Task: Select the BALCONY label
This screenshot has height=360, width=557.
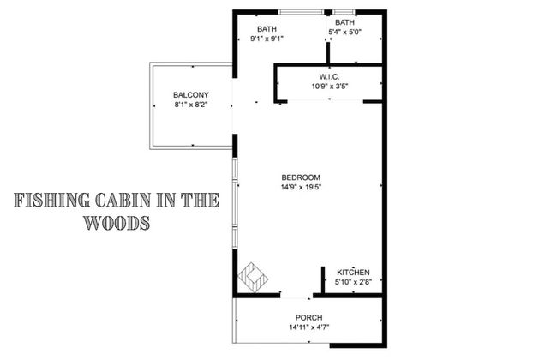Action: (x=190, y=94)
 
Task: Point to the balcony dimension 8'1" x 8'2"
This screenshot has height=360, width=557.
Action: (x=190, y=105)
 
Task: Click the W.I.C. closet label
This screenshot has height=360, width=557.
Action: (x=329, y=77)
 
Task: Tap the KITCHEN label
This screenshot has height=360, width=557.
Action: (x=353, y=272)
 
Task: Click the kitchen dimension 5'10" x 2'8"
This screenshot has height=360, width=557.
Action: (x=353, y=282)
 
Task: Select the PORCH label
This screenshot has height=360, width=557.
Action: (x=308, y=317)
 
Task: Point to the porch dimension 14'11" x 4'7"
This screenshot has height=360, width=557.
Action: (x=308, y=327)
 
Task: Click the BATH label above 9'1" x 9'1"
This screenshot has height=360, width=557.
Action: (x=267, y=29)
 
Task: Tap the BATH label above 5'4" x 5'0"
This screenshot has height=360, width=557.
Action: (x=345, y=22)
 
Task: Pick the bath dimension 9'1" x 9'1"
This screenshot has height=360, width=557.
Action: (x=267, y=39)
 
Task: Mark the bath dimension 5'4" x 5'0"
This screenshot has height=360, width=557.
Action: (x=345, y=33)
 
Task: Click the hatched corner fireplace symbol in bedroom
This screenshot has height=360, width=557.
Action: (x=255, y=277)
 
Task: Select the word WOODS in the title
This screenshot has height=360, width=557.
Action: (x=117, y=223)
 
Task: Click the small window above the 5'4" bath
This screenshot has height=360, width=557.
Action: (x=345, y=11)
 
